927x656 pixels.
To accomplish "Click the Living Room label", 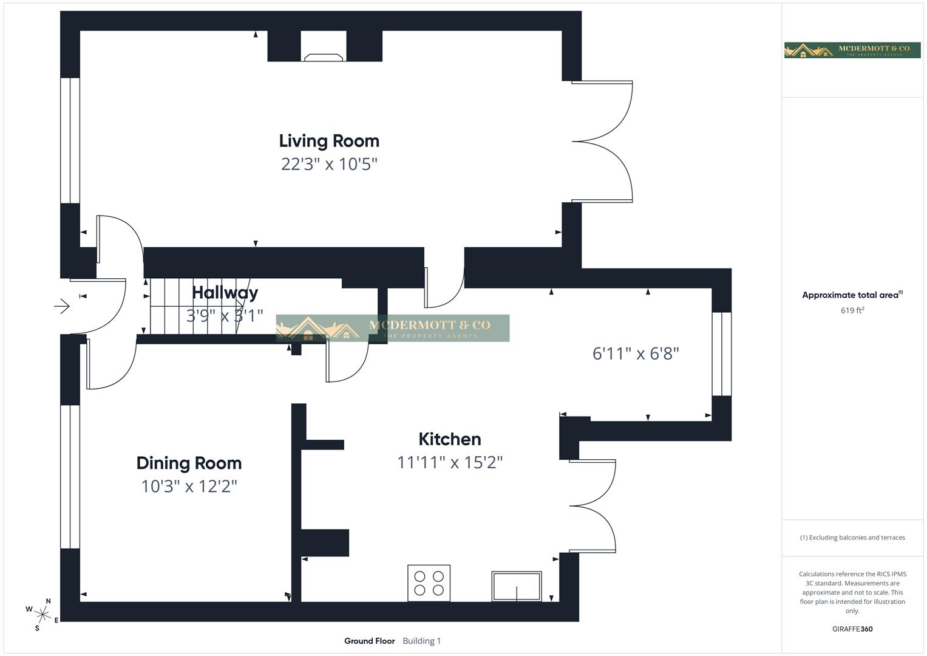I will click(329, 141).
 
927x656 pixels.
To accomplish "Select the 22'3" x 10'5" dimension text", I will click(329, 164).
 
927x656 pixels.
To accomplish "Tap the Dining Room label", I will click(189, 463).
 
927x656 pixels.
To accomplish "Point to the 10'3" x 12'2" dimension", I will click(189, 487).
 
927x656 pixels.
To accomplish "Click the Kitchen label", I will click(449, 439).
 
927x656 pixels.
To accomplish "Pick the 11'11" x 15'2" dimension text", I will click(449, 463).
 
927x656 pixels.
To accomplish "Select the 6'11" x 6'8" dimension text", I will click(635, 354).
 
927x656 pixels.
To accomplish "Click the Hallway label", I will click(225, 293).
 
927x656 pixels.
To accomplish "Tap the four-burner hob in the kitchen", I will click(429, 583).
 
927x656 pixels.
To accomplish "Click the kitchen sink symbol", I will click(516, 586).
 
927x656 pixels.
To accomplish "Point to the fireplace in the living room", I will click(324, 56).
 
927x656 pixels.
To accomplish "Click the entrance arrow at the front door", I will click(62, 306).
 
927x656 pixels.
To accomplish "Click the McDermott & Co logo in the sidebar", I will click(852, 50).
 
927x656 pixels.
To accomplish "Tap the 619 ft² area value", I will click(852, 310).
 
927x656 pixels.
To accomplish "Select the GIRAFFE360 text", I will click(852, 629).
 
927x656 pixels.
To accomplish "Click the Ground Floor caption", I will click(369, 641).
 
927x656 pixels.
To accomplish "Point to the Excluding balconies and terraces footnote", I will click(852, 538).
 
